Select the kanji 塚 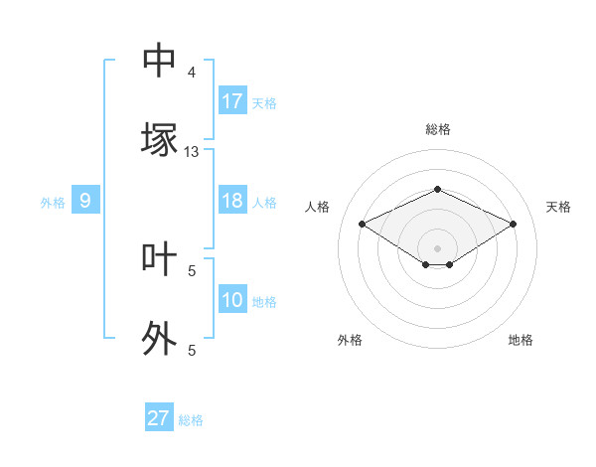click(x=160, y=139)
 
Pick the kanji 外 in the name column click(x=160, y=338)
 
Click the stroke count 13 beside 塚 click(x=192, y=152)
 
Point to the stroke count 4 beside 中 click(x=192, y=73)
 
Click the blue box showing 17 click(x=232, y=101)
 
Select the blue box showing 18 click(x=232, y=201)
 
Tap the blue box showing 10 click(x=232, y=300)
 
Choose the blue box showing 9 click(x=85, y=201)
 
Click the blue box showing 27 click(x=159, y=418)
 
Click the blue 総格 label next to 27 click(x=191, y=420)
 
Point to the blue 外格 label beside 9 click(x=53, y=203)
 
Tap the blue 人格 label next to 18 click(x=264, y=203)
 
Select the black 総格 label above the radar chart click(x=438, y=129)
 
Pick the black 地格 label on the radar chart click(x=521, y=340)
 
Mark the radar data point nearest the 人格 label click(x=362, y=224)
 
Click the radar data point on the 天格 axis click(x=513, y=224)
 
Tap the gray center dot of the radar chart click(x=437, y=247)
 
